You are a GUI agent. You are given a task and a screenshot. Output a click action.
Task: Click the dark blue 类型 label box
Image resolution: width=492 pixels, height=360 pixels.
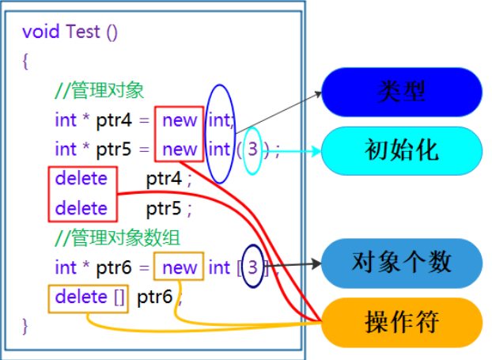point(401,92)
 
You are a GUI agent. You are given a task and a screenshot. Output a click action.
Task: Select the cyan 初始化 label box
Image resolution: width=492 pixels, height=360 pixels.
point(401,149)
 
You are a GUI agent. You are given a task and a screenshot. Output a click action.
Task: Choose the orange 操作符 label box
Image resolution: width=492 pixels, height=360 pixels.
point(401,321)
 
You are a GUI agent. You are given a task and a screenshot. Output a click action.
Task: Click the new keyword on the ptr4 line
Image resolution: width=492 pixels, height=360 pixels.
point(180,120)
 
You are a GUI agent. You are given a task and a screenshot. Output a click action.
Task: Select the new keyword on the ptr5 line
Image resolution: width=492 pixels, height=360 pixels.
point(180,149)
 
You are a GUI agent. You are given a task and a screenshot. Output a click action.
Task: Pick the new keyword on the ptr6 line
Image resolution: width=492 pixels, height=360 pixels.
point(180,267)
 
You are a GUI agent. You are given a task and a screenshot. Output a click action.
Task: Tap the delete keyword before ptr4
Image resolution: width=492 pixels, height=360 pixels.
point(81,179)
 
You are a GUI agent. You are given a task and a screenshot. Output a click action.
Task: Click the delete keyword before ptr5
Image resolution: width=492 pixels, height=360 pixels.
point(81,208)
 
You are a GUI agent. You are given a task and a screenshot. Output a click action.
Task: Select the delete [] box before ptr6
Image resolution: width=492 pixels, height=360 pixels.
point(89,297)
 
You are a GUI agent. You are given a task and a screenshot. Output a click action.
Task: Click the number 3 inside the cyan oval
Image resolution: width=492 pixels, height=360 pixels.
point(252,149)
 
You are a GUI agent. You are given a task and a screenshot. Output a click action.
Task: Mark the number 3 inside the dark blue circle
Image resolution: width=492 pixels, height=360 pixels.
point(252,267)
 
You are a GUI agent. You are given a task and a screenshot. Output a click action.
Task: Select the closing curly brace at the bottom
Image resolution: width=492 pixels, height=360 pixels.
point(25,324)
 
